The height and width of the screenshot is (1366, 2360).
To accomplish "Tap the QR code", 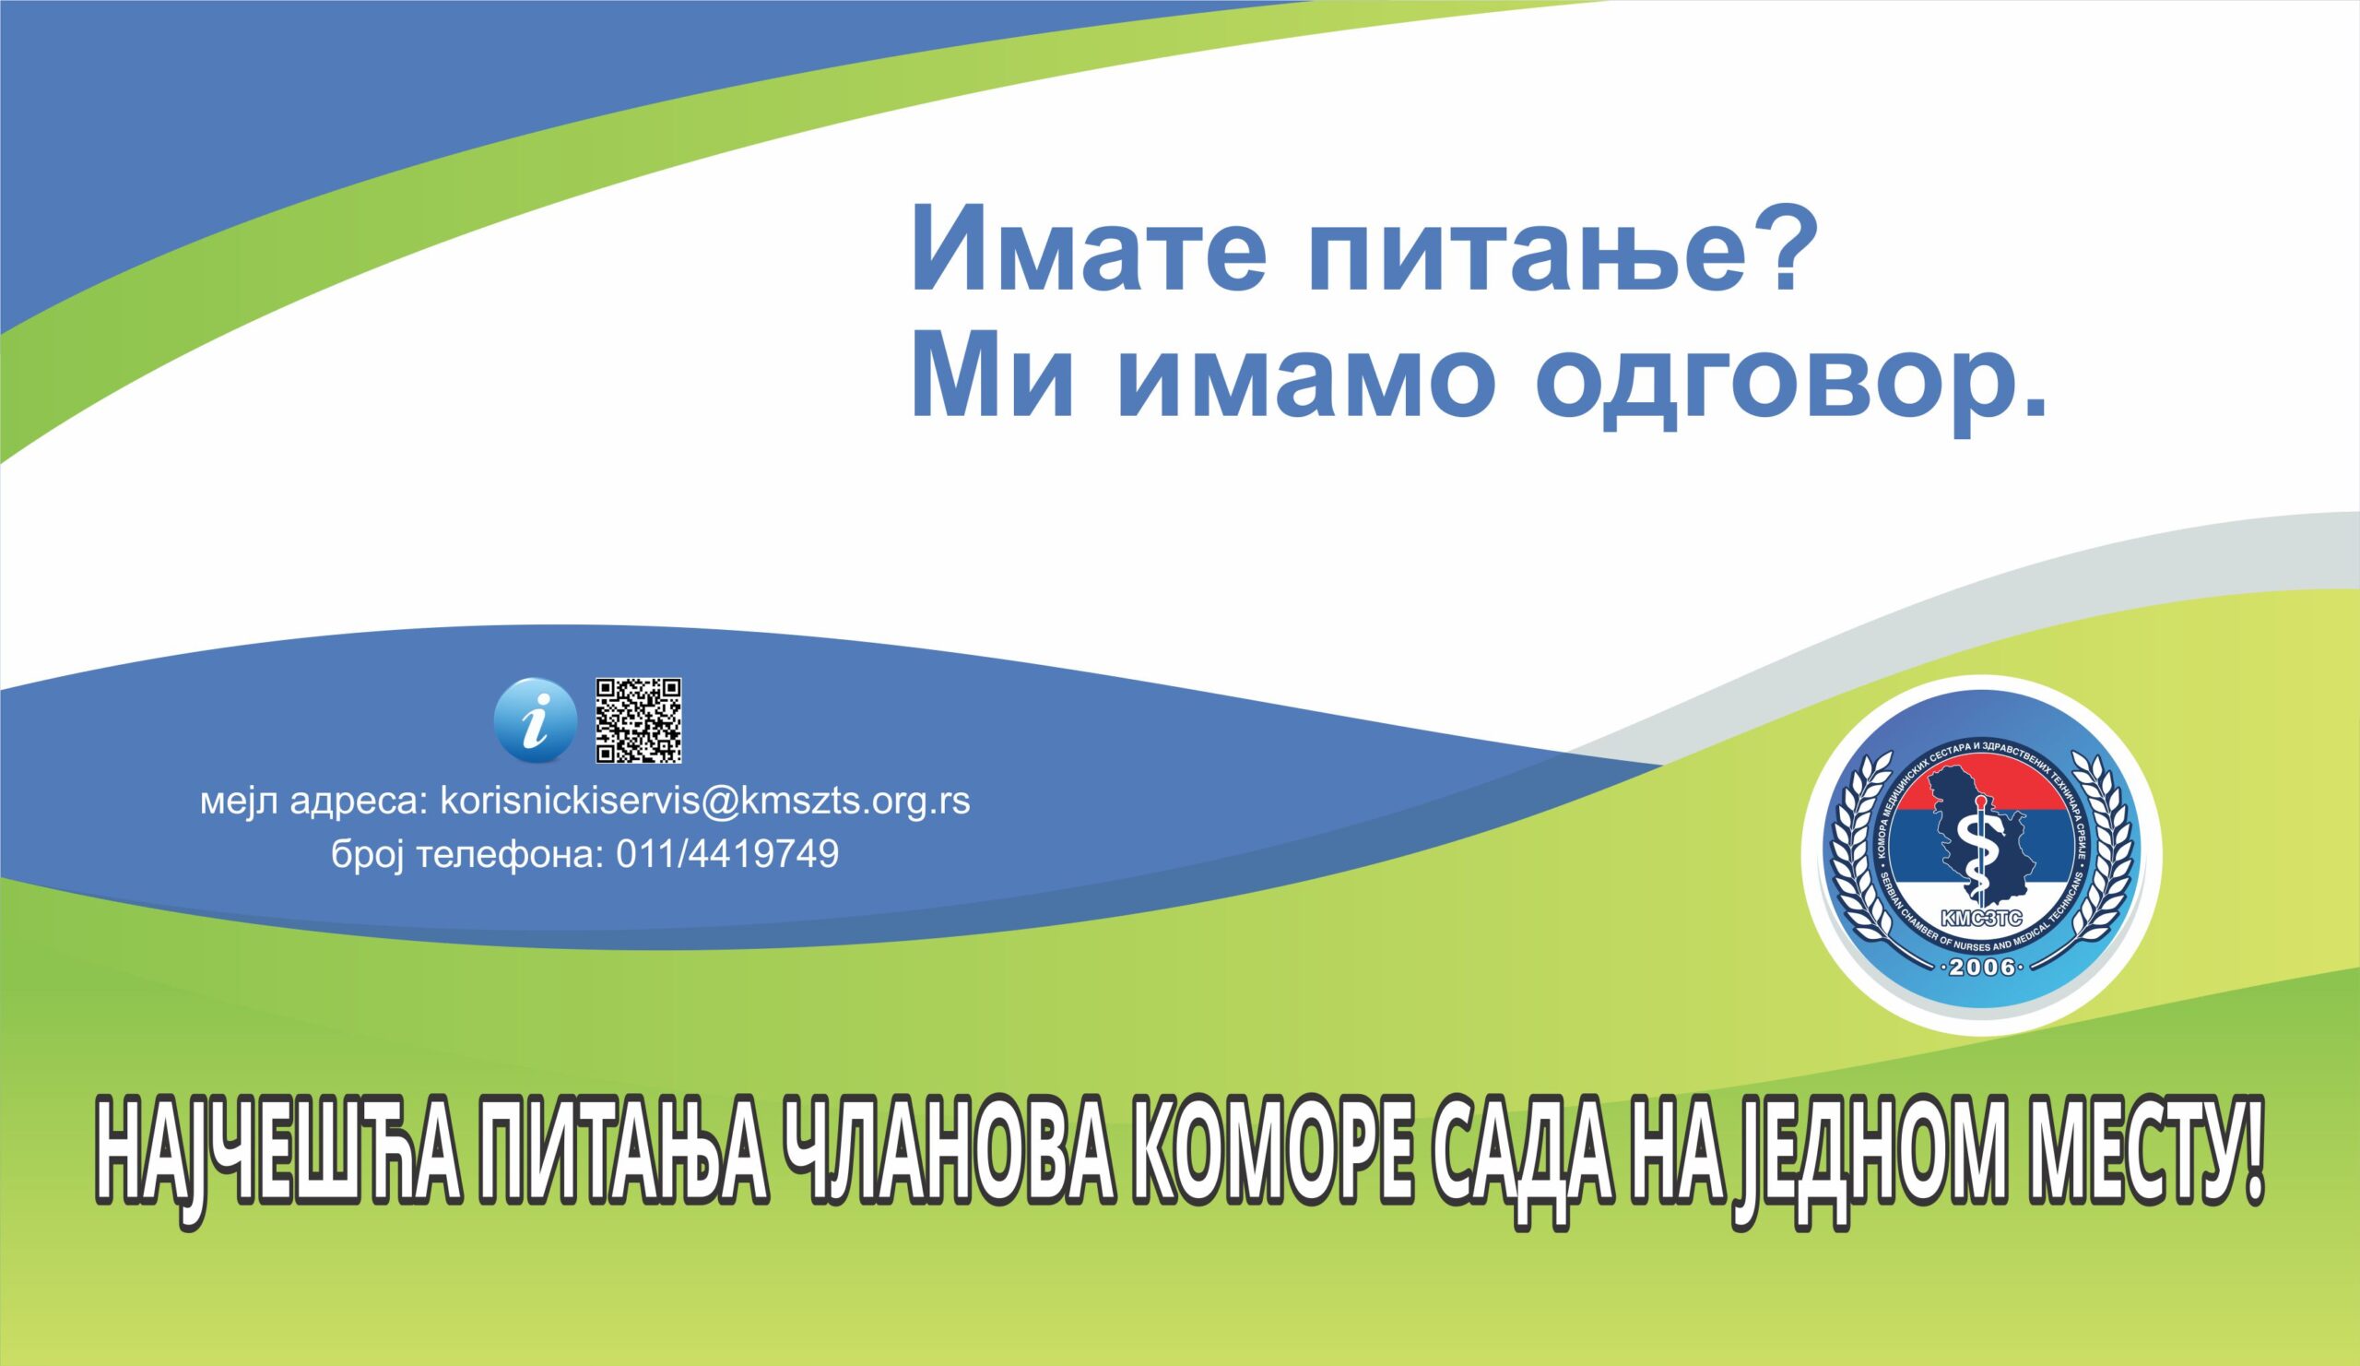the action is [x=639, y=719].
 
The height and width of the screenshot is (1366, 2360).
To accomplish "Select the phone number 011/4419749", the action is [x=727, y=854].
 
